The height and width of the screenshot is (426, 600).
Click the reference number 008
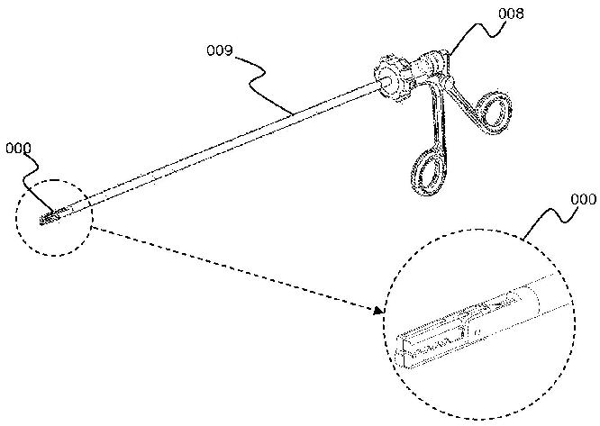click(511, 14)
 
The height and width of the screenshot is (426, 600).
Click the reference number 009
click(220, 50)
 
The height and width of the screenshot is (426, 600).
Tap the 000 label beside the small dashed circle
click(18, 149)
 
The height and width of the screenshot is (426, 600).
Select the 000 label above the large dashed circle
click(583, 199)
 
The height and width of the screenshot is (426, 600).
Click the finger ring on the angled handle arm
click(494, 113)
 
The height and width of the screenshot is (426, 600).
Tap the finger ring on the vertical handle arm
click(428, 173)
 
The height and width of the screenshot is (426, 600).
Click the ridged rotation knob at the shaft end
click(394, 78)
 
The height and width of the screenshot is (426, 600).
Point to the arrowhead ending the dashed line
click(378, 310)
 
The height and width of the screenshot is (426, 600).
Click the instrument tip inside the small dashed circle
click(50, 217)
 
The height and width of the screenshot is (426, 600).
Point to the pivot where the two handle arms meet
click(448, 81)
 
